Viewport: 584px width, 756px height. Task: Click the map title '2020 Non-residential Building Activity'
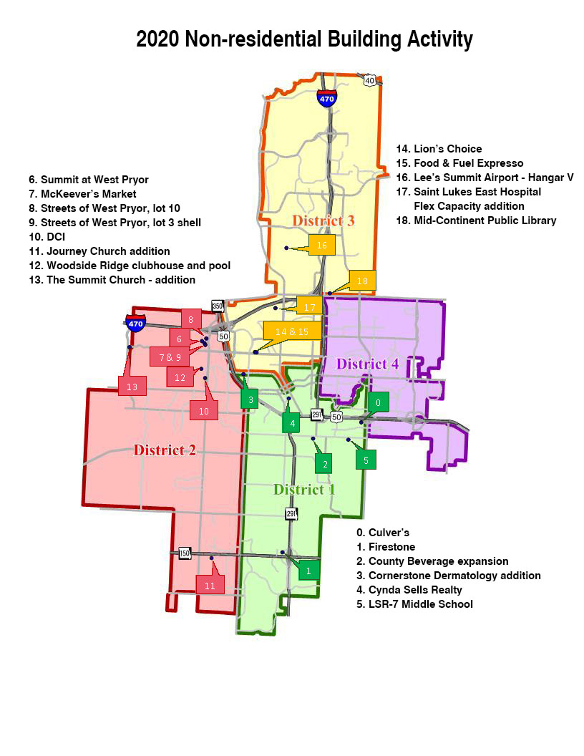304,39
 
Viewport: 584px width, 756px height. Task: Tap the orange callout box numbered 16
321,245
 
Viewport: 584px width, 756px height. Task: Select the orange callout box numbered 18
362,281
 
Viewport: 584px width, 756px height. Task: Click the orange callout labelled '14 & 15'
292,331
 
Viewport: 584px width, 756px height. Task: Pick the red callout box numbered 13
132,387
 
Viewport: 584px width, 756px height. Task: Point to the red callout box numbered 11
210,585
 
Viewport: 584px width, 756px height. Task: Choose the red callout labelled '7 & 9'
170,356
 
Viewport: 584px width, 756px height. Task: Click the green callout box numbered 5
366,460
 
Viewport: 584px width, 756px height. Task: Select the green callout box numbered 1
308,570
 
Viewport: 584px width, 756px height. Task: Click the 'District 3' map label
322,220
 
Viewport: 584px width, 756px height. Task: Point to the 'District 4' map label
367,364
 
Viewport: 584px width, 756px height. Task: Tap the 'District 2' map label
165,450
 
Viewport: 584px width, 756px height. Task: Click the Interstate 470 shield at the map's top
326,98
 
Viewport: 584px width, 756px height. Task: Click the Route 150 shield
185,553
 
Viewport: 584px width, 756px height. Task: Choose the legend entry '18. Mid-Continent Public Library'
476,220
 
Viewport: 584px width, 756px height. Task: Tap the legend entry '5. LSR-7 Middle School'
414,604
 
